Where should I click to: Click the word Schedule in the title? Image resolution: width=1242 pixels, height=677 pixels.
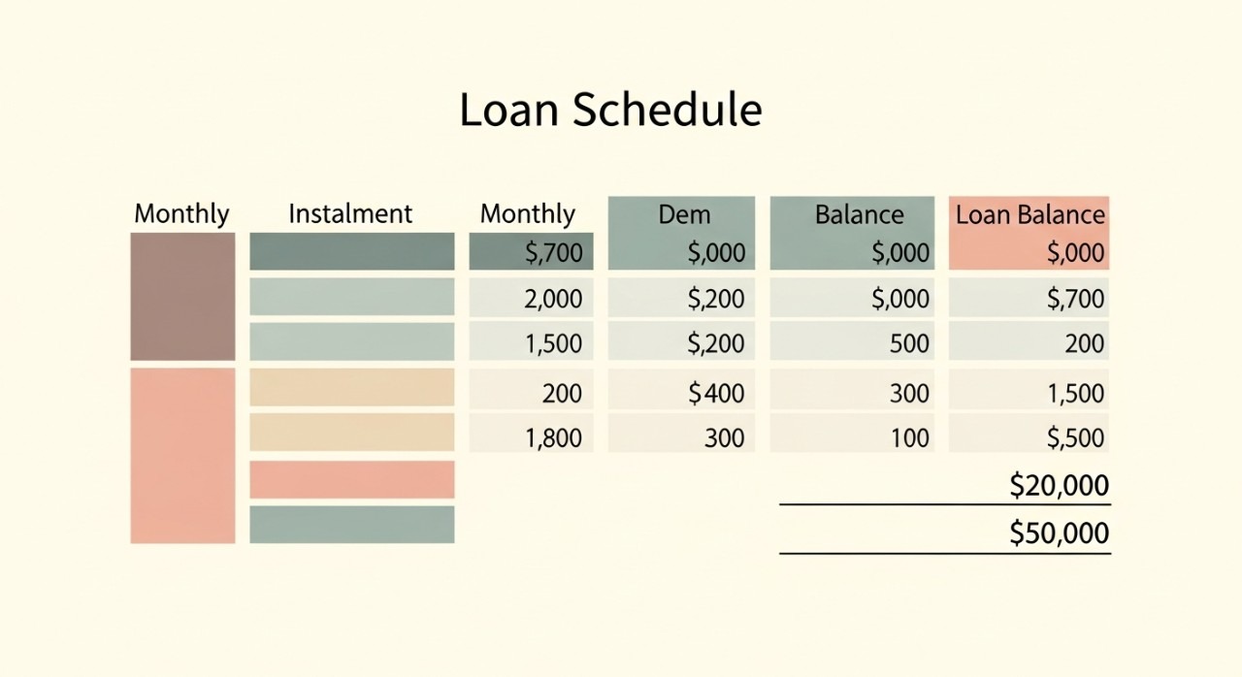667,110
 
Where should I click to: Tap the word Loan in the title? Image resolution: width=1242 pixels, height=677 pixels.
509,110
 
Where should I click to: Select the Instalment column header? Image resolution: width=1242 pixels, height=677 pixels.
350,213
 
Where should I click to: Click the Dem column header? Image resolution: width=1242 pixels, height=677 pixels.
684,214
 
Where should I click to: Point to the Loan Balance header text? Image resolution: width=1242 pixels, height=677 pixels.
1030,214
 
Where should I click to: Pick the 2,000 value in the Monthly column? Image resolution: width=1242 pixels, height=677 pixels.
553,299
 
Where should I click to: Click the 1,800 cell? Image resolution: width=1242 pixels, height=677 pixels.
553,438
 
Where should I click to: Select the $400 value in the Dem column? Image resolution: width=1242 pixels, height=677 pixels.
716,394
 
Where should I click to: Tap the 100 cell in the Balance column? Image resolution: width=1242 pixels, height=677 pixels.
909,438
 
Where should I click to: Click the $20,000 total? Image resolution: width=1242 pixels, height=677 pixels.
1059,485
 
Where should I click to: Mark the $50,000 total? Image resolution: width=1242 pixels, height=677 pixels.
1059,532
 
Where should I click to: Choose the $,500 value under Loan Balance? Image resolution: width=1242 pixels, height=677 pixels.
1075,438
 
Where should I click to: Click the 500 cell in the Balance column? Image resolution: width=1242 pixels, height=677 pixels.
909,343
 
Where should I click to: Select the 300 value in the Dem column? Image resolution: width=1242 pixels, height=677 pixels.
724,438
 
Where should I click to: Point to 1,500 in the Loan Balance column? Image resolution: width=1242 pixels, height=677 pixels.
1075,394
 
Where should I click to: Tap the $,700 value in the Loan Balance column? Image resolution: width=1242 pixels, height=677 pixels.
1075,299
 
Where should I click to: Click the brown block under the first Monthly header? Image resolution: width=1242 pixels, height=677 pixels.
183,297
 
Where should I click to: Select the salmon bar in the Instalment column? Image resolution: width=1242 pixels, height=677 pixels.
352,479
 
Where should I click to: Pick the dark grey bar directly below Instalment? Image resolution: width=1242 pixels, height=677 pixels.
352,251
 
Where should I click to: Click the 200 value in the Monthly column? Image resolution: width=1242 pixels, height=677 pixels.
562,394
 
